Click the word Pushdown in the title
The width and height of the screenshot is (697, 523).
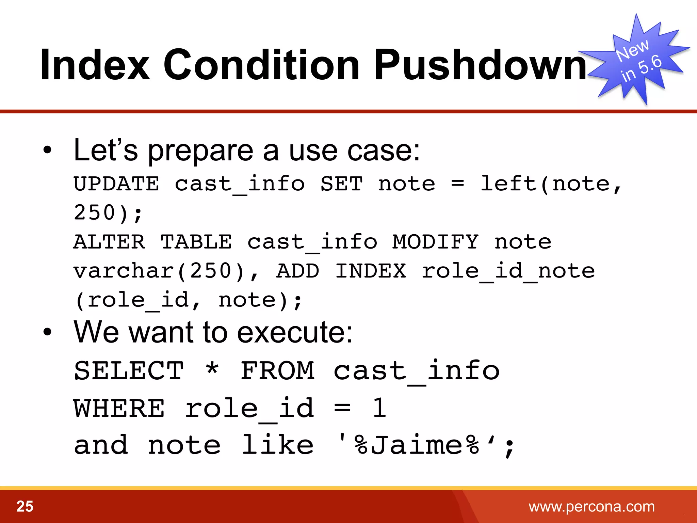click(x=480, y=65)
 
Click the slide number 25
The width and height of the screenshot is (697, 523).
click(x=25, y=506)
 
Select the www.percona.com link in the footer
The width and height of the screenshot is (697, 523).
click(x=591, y=507)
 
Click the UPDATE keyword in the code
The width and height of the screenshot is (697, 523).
click(x=116, y=184)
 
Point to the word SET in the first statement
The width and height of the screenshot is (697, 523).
click(x=341, y=184)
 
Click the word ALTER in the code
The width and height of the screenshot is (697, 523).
click(x=109, y=242)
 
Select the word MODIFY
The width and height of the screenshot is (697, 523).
click(x=435, y=242)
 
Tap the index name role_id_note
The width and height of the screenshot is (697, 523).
click(x=508, y=271)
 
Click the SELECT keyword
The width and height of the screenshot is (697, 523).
click(x=129, y=371)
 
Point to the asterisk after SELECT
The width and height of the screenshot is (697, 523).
click(x=212, y=369)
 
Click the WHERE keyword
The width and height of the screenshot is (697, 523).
click(x=119, y=408)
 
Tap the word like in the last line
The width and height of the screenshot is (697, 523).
click(x=277, y=445)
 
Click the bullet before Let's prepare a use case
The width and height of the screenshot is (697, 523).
click(x=47, y=150)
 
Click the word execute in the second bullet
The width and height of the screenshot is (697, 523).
click(x=294, y=333)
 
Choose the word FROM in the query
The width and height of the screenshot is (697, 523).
click(x=277, y=371)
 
